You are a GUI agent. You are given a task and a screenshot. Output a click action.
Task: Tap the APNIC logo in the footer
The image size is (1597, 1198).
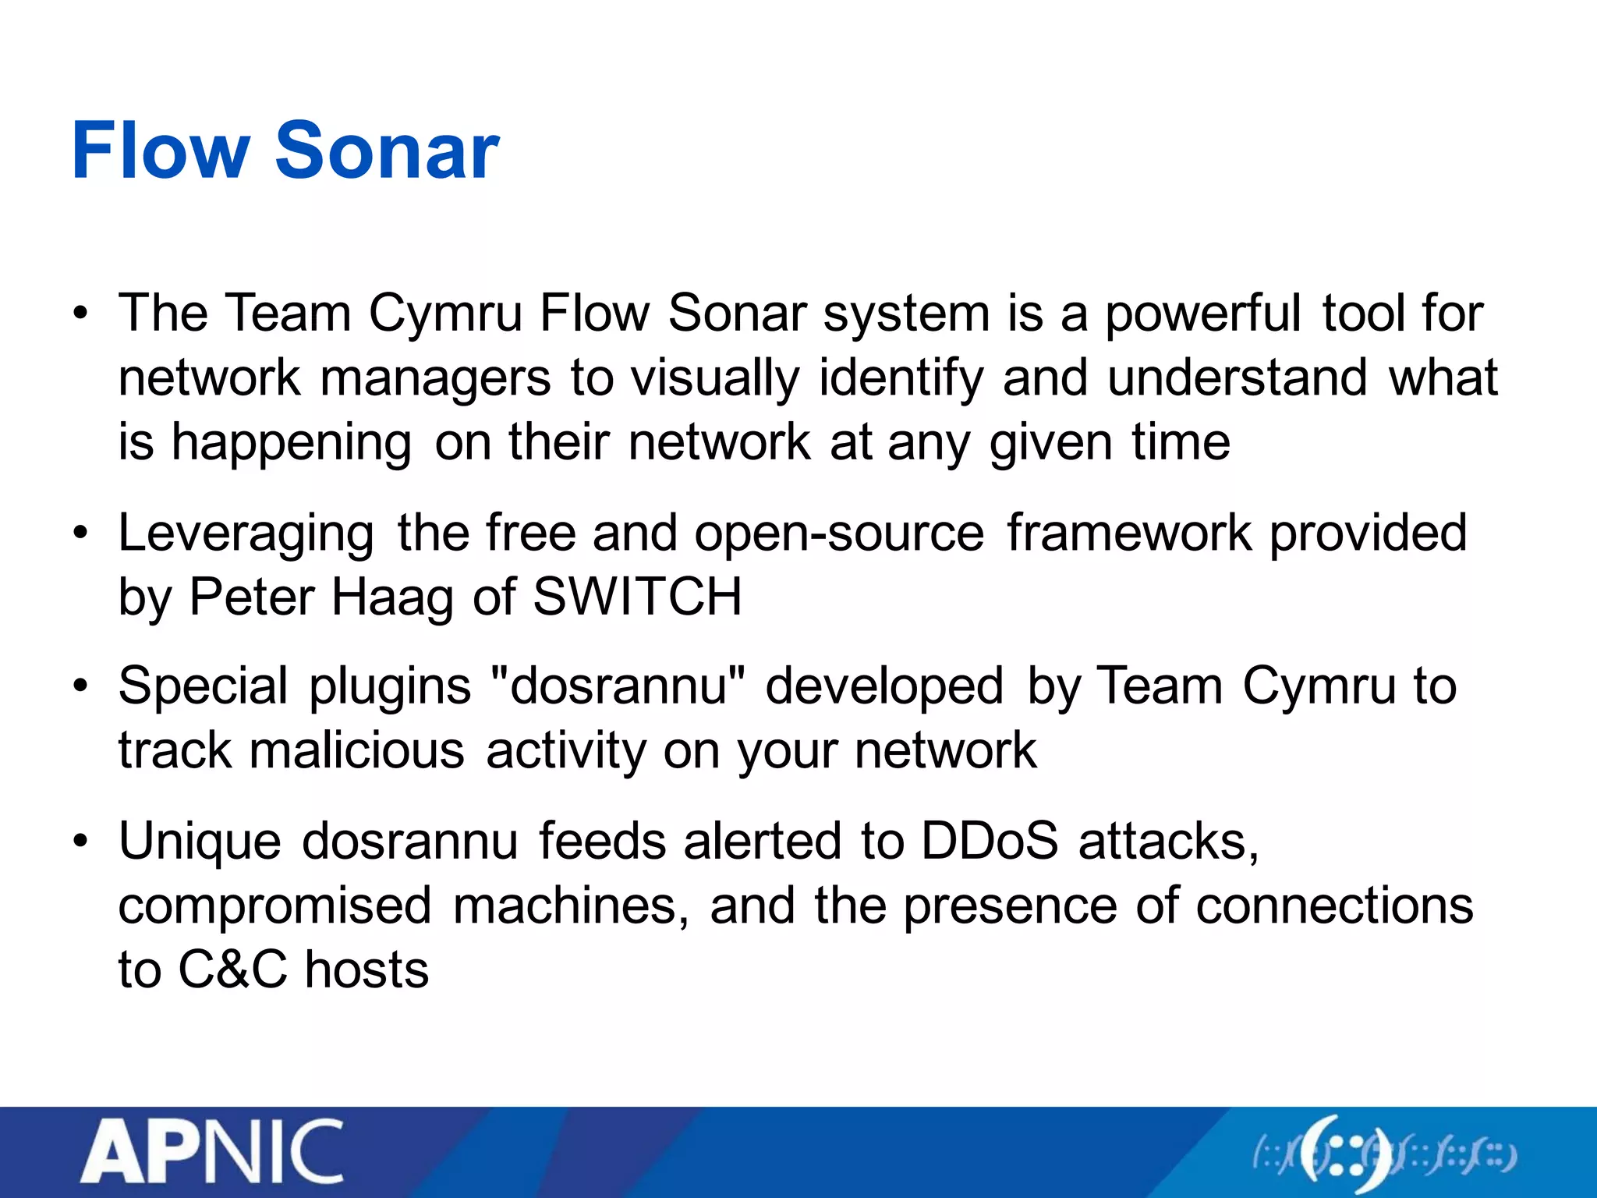click(x=211, y=1152)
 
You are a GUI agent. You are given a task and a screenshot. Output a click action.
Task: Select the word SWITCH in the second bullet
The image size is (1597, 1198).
click(x=636, y=597)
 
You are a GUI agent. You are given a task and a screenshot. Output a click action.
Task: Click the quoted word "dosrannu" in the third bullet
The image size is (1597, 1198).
click(x=619, y=687)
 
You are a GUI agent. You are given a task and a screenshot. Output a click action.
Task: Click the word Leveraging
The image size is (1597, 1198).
click(x=246, y=535)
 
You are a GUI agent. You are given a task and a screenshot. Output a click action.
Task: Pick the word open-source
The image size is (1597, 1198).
click(x=839, y=535)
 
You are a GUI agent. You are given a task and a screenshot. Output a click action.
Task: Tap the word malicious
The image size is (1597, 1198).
click(x=357, y=751)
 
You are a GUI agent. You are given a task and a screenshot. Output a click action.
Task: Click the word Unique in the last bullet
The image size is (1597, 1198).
click(x=200, y=843)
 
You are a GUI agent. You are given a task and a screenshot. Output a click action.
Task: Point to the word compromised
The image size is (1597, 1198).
click(x=274, y=907)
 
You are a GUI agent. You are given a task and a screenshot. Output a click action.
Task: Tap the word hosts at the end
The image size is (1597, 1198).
click(x=366, y=970)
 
